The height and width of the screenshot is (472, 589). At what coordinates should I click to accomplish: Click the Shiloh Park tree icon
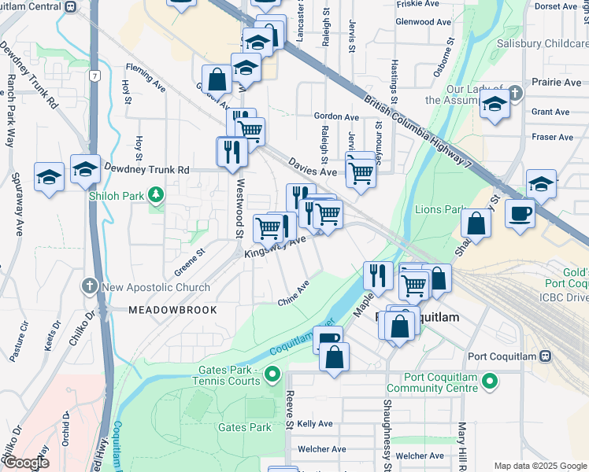coord(157,193)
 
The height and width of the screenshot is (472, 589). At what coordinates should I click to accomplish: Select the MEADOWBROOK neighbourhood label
coord(172,310)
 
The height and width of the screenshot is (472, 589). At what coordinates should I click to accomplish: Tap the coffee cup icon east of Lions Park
coord(519,213)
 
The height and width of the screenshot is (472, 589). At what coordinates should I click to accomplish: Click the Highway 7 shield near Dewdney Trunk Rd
coord(94,76)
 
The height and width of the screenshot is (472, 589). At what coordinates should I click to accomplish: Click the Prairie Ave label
coord(556,82)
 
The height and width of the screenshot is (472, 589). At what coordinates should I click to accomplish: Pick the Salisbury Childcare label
coord(543,46)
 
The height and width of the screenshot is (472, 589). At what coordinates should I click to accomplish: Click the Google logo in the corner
coord(25,463)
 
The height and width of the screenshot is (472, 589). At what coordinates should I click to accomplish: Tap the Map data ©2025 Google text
coord(540,466)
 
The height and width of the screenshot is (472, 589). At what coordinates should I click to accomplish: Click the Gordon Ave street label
coord(336,116)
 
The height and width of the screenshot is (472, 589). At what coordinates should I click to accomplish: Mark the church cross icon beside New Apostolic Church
coord(91,286)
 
